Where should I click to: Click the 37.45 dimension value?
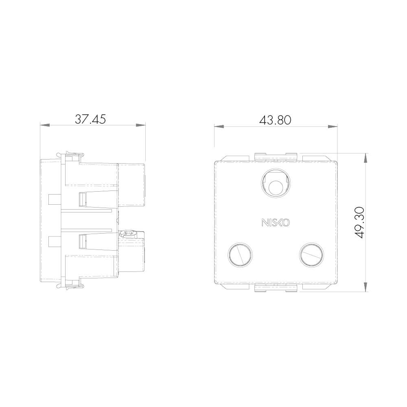pyautogui.click(x=90, y=119)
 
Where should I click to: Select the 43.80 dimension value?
pyautogui.click(x=276, y=120)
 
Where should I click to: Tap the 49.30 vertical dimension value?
pyautogui.click(x=359, y=223)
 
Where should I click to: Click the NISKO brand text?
pyautogui.click(x=276, y=223)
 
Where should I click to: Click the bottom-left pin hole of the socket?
pyautogui.click(x=240, y=255)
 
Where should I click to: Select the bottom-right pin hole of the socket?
pyautogui.click(x=311, y=255)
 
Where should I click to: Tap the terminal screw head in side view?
pyautogui.click(x=128, y=234)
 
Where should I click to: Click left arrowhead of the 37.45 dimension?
pyautogui.click(x=45, y=125)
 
